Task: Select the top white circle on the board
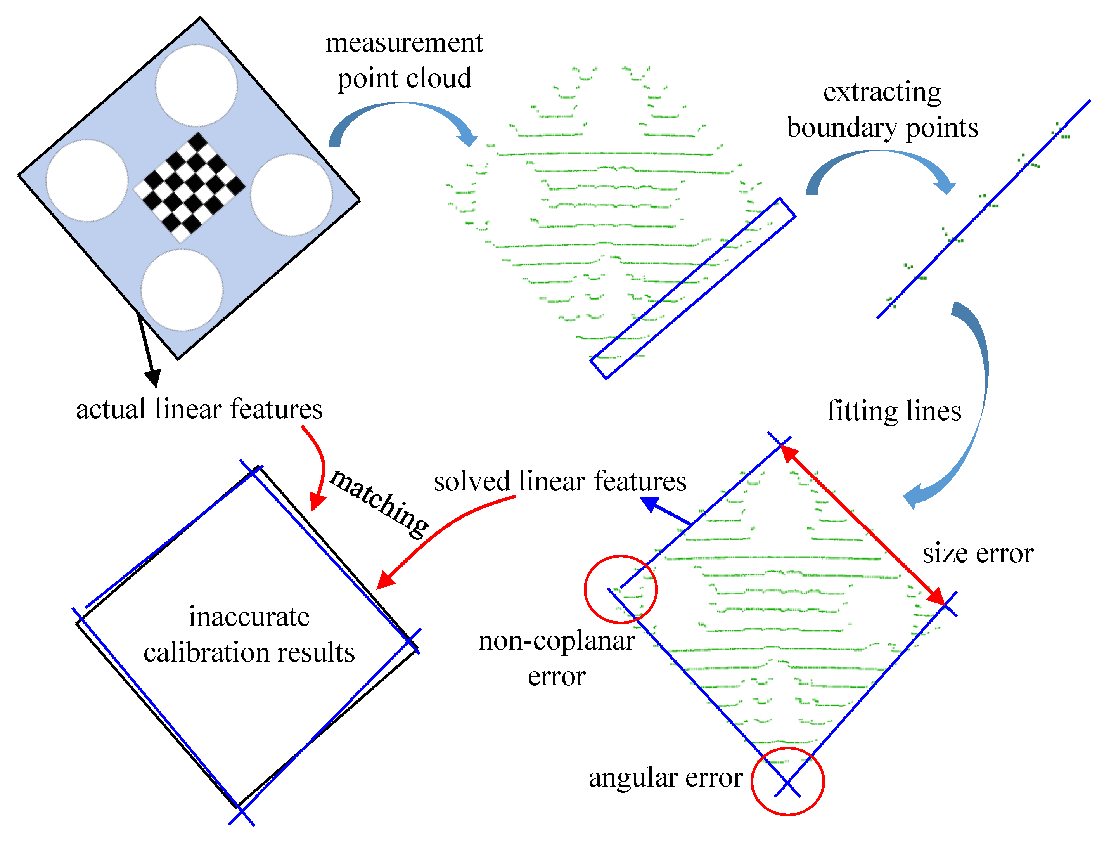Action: click(196, 85)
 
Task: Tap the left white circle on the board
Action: click(87, 180)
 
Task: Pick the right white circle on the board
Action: click(291, 194)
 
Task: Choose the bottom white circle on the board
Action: click(182, 290)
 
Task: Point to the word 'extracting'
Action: click(882, 92)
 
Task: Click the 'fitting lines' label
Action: click(893, 411)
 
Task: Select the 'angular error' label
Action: click(666, 777)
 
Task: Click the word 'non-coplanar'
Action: click(557, 641)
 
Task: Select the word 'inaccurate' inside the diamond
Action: click(249, 617)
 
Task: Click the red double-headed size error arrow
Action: click(863, 525)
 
